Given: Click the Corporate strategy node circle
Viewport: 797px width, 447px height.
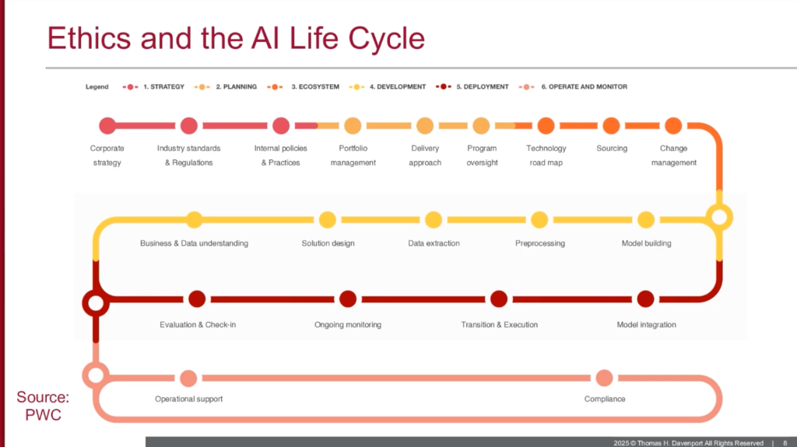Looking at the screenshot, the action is pyautogui.click(x=107, y=125).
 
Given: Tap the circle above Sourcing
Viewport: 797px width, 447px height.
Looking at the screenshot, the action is pyautogui.click(x=611, y=125).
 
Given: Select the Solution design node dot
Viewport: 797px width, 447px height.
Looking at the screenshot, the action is pyautogui.click(x=328, y=220).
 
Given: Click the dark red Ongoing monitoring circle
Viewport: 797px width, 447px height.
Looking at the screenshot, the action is pyautogui.click(x=348, y=299).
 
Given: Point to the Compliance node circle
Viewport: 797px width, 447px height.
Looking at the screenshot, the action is pyautogui.click(x=604, y=378).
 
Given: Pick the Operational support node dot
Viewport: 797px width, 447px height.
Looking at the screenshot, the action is pyautogui.click(x=188, y=378).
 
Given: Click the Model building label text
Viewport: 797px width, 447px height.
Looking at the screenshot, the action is pyautogui.click(x=647, y=243).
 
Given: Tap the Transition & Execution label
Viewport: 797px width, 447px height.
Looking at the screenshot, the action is pyautogui.click(x=499, y=325).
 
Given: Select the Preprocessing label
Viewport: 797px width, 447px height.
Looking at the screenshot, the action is pyautogui.click(x=540, y=243).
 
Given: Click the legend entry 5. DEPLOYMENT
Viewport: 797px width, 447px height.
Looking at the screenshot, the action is pyautogui.click(x=472, y=87).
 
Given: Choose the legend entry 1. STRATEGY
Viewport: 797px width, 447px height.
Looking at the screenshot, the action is pyautogui.click(x=153, y=87).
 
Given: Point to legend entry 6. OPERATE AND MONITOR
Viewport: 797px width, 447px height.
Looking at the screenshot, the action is pyautogui.click(x=573, y=87).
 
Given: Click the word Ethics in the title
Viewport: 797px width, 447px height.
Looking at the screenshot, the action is pyautogui.click(x=89, y=38).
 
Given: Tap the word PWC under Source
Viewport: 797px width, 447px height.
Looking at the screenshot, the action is pyautogui.click(x=44, y=415).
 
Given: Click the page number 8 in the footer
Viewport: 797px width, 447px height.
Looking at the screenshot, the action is pyautogui.click(x=785, y=443).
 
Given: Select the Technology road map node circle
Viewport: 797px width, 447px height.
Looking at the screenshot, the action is pyautogui.click(x=546, y=125).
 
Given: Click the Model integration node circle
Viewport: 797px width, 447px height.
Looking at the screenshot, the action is pyautogui.click(x=645, y=299).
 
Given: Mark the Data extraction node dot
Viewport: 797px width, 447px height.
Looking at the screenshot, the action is pyautogui.click(x=433, y=220).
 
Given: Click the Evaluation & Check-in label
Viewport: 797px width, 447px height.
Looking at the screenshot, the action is pyautogui.click(x=198, y=325).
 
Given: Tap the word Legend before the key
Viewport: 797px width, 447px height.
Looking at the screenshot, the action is pyautogui.click(x=97, y=87).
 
